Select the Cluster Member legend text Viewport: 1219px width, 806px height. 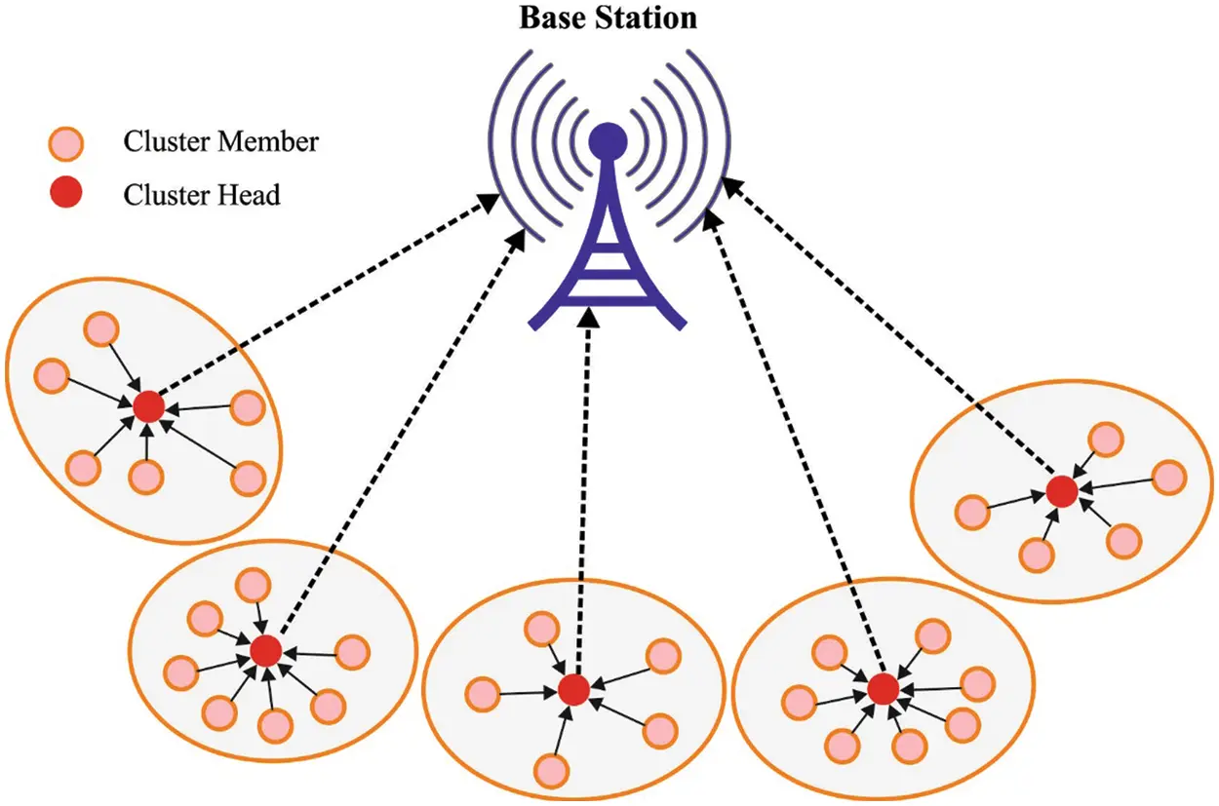pyautogui.click(x=220, y=142)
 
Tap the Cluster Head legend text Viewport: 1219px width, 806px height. pyautogui.click(x=201, y=195)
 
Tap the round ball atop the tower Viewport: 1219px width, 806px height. pyautogui.click(x=608, y=141)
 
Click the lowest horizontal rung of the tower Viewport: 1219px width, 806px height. pyautogui.click(x=608, y=291)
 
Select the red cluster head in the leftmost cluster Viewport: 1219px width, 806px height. pyautogui.click(x=148, y=406)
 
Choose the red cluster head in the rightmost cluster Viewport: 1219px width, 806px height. pyautogui.click(x=1061, y=490)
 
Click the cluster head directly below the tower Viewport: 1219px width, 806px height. pyautogui.click(x=573, y=690)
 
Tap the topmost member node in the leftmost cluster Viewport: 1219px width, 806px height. pyautogui.click(x=99, y=329)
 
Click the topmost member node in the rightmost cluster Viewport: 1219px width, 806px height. pyautogui.click(x=1104, y=439)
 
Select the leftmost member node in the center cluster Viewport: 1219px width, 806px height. pyautogui.click(x=482, y=695)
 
